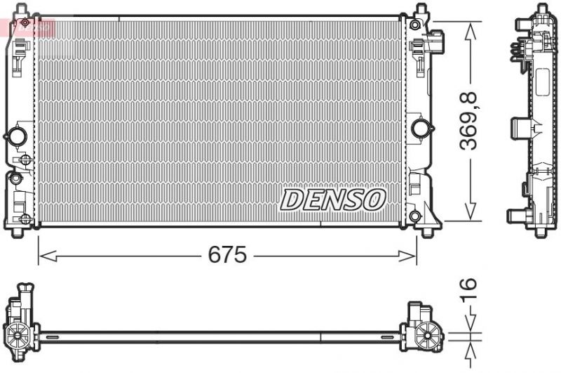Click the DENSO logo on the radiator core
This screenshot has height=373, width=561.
[333, 199]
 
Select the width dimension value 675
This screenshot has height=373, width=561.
[227, 255]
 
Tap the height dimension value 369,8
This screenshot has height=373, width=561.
[468, 120]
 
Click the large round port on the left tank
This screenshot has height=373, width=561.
[16, 135]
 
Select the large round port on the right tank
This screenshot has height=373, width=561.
[421, 128]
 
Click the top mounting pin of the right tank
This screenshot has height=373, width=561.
[421, 11]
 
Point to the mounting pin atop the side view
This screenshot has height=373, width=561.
[542, 8]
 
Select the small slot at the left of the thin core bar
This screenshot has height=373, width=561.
[50, 339]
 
